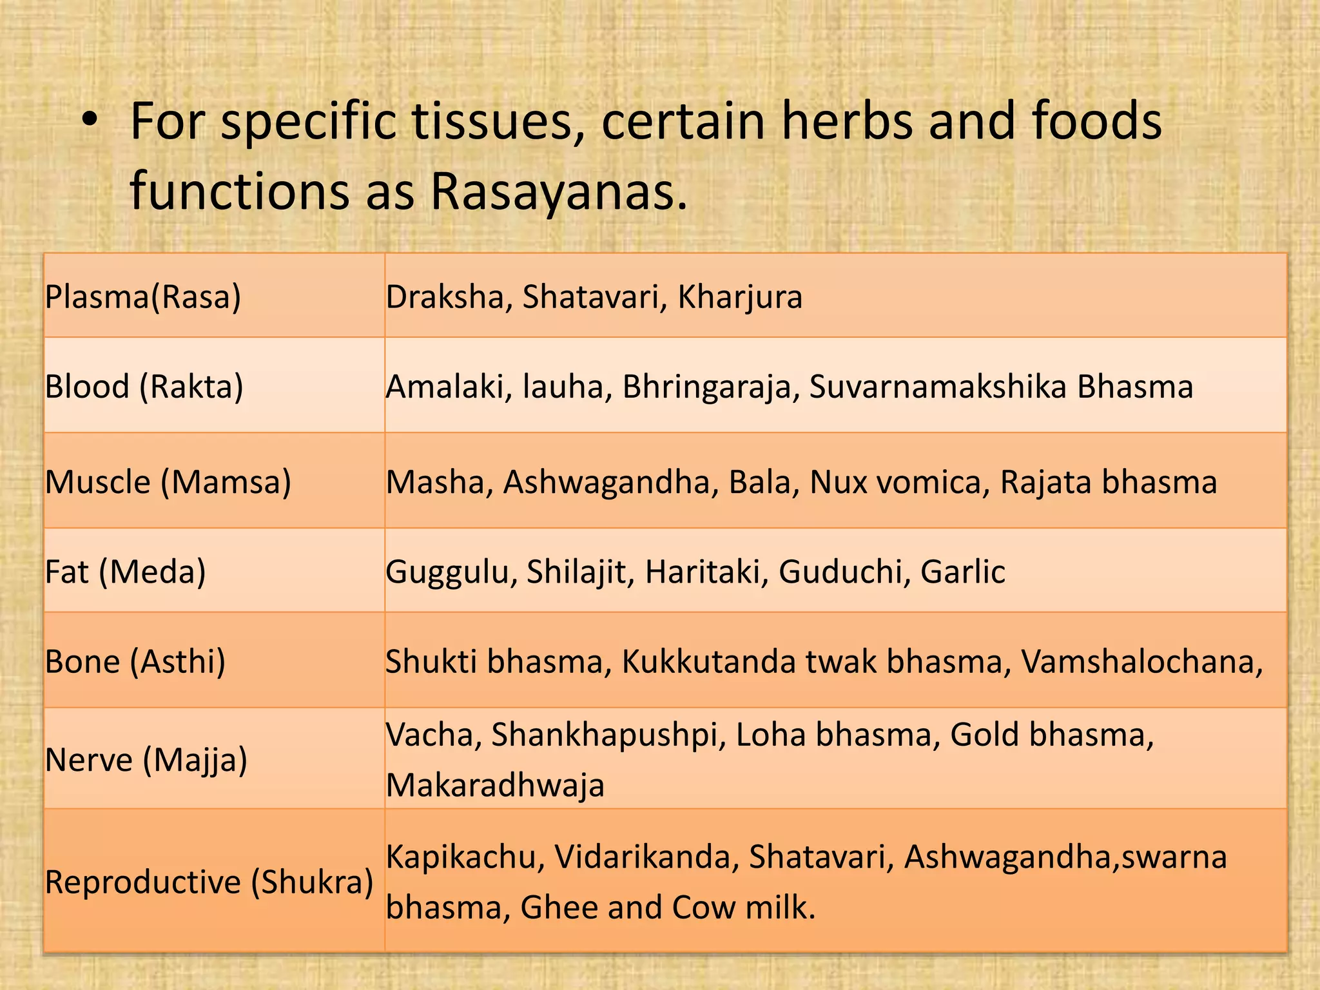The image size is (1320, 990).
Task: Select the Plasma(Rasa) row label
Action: tap(143, 297)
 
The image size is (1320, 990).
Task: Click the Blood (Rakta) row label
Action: tap(144, 387)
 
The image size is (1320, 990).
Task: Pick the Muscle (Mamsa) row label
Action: tap(168, 482)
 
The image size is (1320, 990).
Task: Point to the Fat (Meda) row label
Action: tap(126, 572)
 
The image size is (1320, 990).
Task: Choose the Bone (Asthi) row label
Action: tap(135, 661)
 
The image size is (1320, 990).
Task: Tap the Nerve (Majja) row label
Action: tap(146, 760)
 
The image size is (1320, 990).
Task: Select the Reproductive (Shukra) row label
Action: tap(209, 882)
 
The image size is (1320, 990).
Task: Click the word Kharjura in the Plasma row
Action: tap(740, 297)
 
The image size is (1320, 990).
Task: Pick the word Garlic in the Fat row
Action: tap(963, 572)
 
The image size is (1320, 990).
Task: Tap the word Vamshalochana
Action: tap(1141, 661)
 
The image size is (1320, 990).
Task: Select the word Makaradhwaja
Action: tap(495, 785)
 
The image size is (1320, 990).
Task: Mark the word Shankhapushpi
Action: tap(605, 735)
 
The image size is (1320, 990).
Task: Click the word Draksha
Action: tap(449, 297)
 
